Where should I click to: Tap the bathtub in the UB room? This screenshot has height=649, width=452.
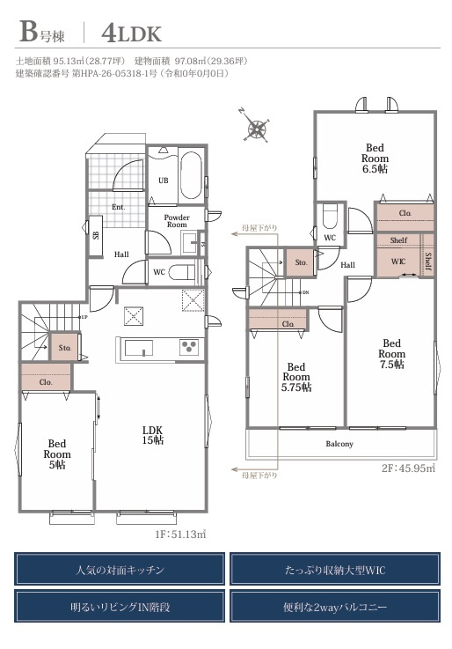191,175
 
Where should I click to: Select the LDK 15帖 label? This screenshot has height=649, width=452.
152,435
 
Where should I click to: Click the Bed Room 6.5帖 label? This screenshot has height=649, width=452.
375,159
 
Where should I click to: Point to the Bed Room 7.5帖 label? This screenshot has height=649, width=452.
391,354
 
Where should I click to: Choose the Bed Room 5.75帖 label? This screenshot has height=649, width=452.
296,377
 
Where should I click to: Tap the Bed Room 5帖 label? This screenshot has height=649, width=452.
57,454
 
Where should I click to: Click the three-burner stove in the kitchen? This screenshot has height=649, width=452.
189,347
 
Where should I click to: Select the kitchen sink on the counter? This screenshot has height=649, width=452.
139,348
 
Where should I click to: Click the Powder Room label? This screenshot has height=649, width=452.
177,221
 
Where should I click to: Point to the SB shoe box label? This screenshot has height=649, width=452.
96,235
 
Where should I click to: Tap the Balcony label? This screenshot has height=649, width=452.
339,444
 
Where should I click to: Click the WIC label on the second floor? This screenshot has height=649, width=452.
398,262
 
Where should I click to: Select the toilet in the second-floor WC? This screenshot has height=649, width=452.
330,217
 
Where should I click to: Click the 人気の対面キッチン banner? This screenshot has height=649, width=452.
120,570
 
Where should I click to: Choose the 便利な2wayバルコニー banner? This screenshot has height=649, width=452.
335,607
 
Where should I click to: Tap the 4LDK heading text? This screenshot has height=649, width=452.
131,33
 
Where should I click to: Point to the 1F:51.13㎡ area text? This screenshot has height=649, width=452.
180,535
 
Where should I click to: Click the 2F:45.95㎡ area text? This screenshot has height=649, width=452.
408,468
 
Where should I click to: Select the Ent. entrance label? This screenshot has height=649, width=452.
118,207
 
